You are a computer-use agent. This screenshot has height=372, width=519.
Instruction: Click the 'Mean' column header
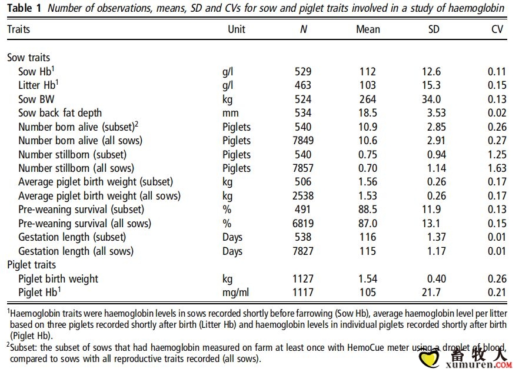(x=368, y=29)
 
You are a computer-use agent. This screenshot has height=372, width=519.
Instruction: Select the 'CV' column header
(x=497, y=29)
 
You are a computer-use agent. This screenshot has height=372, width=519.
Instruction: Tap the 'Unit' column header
(x=237, y=29)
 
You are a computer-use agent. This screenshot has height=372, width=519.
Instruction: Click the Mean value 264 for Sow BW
(x=368, y=99)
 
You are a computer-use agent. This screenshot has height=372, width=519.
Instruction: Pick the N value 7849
(x=303, y=141)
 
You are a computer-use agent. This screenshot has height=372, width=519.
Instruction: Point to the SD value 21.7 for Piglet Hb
(x=431, y=293)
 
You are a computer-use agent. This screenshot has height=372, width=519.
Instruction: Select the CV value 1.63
(x=497, y=168)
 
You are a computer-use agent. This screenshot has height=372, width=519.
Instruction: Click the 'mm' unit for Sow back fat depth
(x=229, y=113)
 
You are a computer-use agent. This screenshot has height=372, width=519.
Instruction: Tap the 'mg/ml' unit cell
(x=235, y=293)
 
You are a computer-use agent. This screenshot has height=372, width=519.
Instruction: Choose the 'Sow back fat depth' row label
(x=60, y=113)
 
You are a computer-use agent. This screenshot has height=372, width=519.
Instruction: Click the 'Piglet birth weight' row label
(x=58, y=279)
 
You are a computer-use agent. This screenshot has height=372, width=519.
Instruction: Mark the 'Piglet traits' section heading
(x=31, y=265)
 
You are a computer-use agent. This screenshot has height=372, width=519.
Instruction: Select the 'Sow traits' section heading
(x=28, y=58)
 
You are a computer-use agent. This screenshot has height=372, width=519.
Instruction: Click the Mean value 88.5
(x=368, y=210)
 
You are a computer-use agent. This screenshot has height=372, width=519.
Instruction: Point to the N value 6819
(x=303, y=224)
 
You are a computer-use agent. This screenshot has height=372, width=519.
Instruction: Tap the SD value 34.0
(x=431, y=99)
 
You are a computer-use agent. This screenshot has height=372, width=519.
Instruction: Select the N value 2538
(x=303, y=195)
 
